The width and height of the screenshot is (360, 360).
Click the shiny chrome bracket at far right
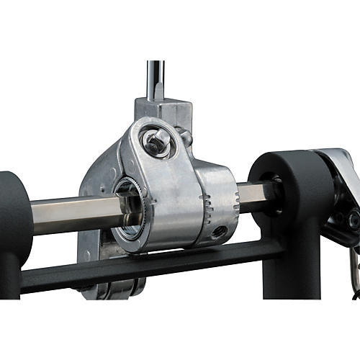[338, 173]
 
